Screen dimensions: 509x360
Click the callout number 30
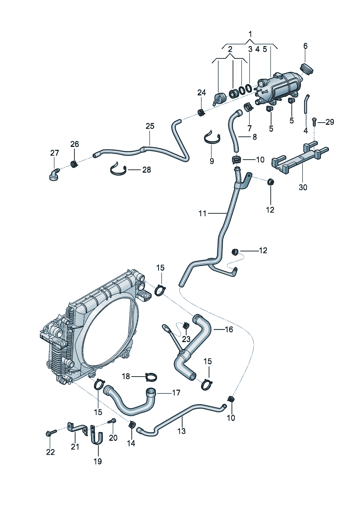pos(303,187)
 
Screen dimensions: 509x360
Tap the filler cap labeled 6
pos(307,69)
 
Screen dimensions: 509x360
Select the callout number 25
pos(150,126)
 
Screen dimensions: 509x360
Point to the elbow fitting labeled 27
pos(54,173)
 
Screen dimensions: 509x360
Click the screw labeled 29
pos(314,122)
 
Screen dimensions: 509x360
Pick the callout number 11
pos(202,213)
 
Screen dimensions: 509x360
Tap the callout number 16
pos(229,329)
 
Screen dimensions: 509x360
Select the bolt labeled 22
pos(51,433)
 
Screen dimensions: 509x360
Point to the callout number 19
pos(98,461)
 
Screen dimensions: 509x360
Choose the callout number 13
pos(181,431)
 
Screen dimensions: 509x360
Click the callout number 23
pos(186,339)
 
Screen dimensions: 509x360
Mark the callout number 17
pos(176,393)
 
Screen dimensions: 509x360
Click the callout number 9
pos(212,161)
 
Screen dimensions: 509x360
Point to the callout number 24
pos(201,93)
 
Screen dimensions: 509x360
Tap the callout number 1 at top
pos(250,34)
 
